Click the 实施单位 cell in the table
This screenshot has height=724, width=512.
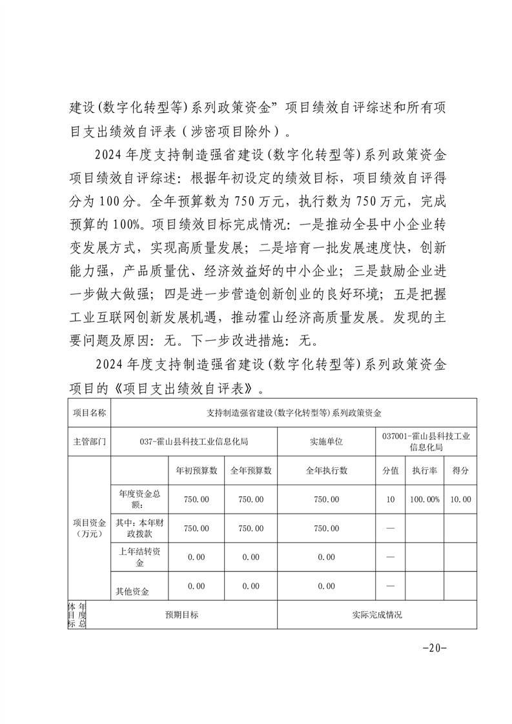326,442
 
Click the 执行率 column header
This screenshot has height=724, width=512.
425,470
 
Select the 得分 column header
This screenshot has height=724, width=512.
460,470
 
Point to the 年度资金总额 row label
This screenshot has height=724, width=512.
139,499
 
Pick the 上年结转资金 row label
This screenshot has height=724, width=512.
139,557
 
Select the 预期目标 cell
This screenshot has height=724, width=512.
181,615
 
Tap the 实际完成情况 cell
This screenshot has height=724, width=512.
376,615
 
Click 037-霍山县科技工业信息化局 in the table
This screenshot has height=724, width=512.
194,442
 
